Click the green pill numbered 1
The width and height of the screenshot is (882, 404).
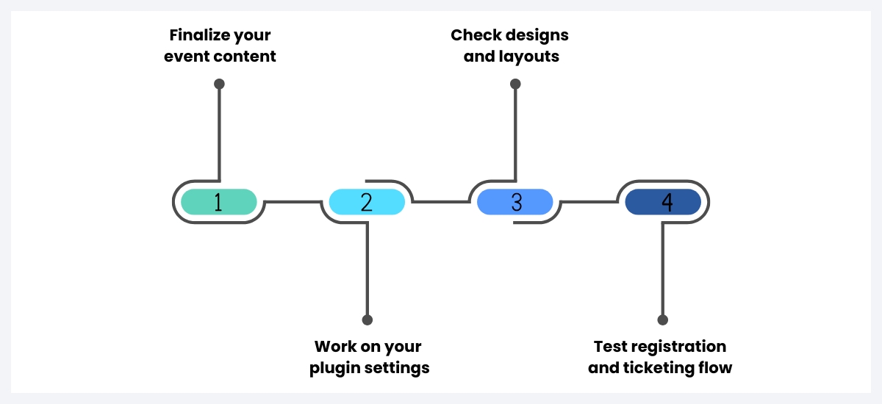[x=218, y=202]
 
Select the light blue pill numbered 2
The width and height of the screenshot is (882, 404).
[x=367, y=202]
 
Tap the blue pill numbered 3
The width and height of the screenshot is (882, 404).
[x=515, y=202]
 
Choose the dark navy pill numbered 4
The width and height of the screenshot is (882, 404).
[x=663, y=202]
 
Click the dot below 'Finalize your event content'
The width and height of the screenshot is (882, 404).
[x=219, y=84]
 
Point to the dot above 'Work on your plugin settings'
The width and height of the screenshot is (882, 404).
[x=367, y=320]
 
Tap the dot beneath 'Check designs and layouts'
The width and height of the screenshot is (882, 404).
[x=515, y=84]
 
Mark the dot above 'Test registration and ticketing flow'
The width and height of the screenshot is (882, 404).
[x=663, y=320]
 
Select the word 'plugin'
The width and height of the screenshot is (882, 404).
[x=337, y=368]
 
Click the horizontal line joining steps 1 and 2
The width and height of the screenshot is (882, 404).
[x=292, y=201]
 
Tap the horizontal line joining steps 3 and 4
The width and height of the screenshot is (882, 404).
[x=589, y=201]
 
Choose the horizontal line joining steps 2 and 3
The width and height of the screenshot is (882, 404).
[x=441, y=201]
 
